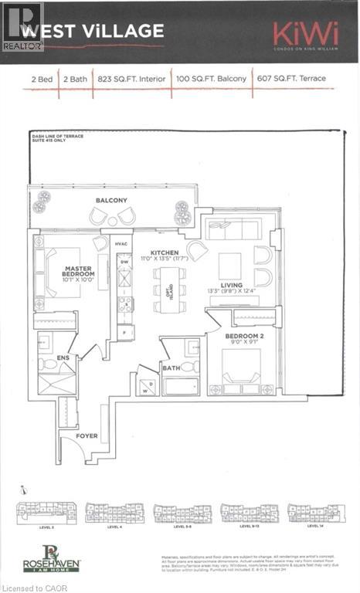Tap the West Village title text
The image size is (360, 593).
(92, 32)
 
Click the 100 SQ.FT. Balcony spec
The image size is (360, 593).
(211, 78)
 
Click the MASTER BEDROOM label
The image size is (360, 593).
(79, 270)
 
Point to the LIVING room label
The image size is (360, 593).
(233, 285)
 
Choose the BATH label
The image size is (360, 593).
(171, 368)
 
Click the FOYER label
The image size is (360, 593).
(87, 435)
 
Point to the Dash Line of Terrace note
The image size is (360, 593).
(58, 139)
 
